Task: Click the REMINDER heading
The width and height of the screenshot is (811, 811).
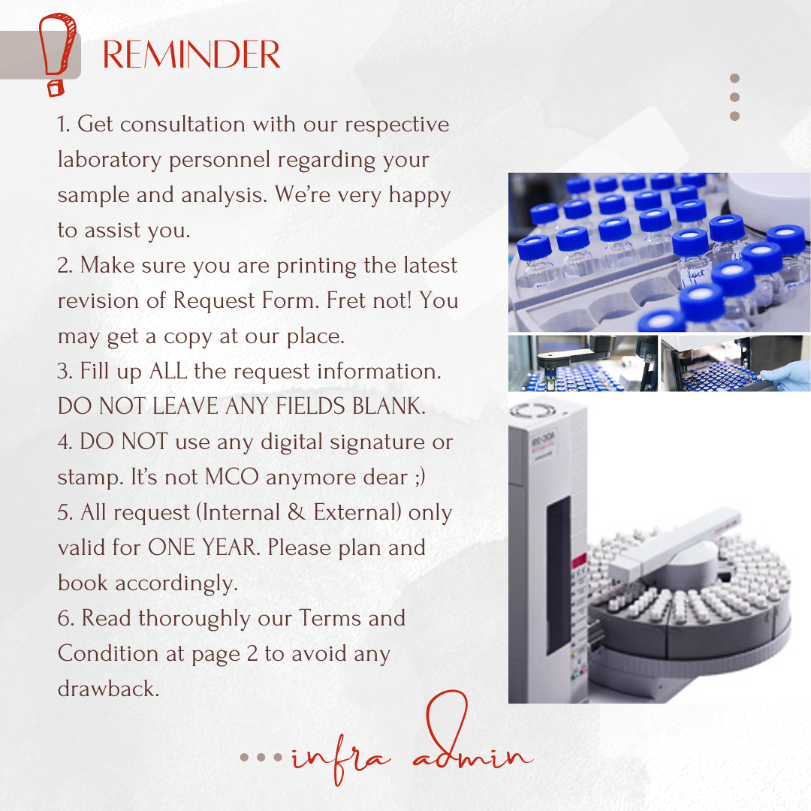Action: [x=191, y=55]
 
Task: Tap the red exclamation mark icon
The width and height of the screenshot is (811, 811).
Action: [x=58, y=54]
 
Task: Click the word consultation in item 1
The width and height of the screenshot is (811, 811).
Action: [x=182, y=124]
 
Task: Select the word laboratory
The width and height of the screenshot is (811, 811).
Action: [x=110, y=159]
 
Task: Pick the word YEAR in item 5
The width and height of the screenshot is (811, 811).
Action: [x=231, y=547]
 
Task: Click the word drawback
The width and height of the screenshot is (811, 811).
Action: [x=109, y=689]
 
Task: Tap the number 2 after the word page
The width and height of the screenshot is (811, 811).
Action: [x=252, y=654]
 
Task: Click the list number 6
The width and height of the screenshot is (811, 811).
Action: [x=65, y=619]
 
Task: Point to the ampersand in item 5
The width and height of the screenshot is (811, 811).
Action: [x=296, y=512]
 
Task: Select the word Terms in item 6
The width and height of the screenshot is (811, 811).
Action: [x=330, y=618]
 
